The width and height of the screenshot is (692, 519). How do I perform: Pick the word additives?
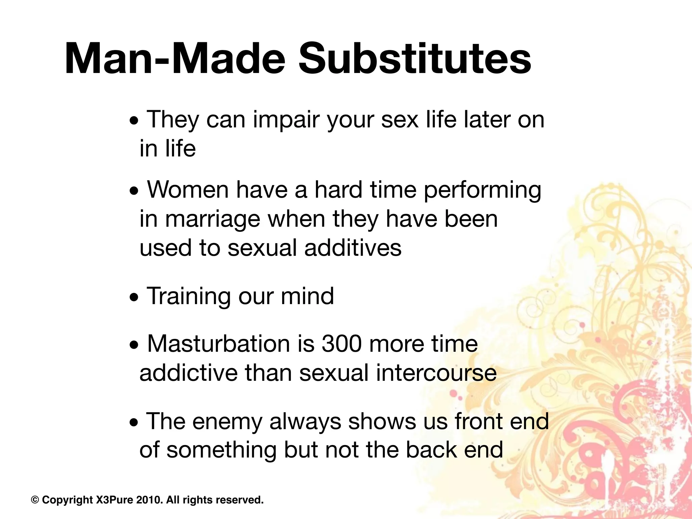coord(353,248)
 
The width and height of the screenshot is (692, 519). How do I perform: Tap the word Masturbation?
coord(218,344)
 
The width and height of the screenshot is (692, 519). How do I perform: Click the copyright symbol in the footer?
coord(35,499)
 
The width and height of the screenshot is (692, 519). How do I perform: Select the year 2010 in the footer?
coord(148,499)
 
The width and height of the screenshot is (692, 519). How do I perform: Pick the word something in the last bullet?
coord(221,450)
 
